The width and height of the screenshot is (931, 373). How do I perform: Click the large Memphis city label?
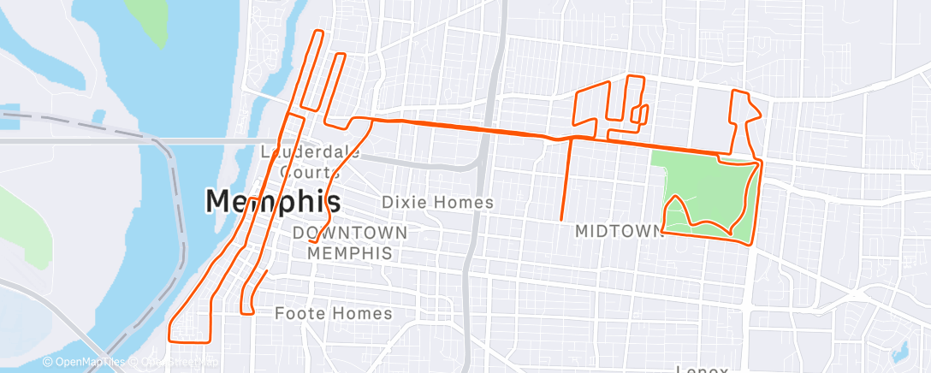coord(273,201)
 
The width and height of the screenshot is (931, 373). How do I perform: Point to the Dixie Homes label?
coord(437,203)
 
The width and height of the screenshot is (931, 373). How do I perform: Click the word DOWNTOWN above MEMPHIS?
coord(349,233)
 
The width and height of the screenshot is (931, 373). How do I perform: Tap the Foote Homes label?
coord(334,313)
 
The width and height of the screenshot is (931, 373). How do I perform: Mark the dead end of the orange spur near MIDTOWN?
coord(561,221)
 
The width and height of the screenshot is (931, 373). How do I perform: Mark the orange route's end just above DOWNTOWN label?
coord(310,243)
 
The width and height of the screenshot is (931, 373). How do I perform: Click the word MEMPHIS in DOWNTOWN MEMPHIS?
coord(349,253)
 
